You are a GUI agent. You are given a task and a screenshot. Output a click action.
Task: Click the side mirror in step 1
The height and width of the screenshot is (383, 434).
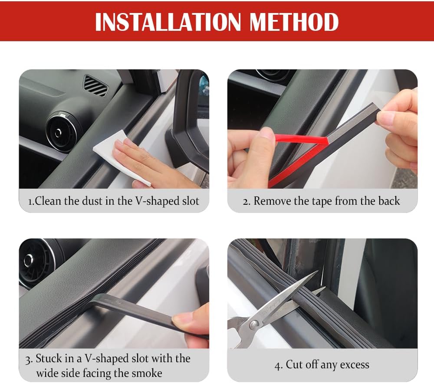pos(189,117)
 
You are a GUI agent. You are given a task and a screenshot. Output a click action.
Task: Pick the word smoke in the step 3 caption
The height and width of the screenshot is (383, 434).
pos(147,373)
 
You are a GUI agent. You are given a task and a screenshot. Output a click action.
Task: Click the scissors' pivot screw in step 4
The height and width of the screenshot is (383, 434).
pos(253,324)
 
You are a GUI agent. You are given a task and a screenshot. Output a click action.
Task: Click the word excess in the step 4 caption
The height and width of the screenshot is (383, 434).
pos(354,365)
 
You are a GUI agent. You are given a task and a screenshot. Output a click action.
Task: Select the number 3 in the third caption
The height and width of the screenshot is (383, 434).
pos(28,359)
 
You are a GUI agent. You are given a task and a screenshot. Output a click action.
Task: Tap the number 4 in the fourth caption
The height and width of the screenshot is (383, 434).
pos(277,365)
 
